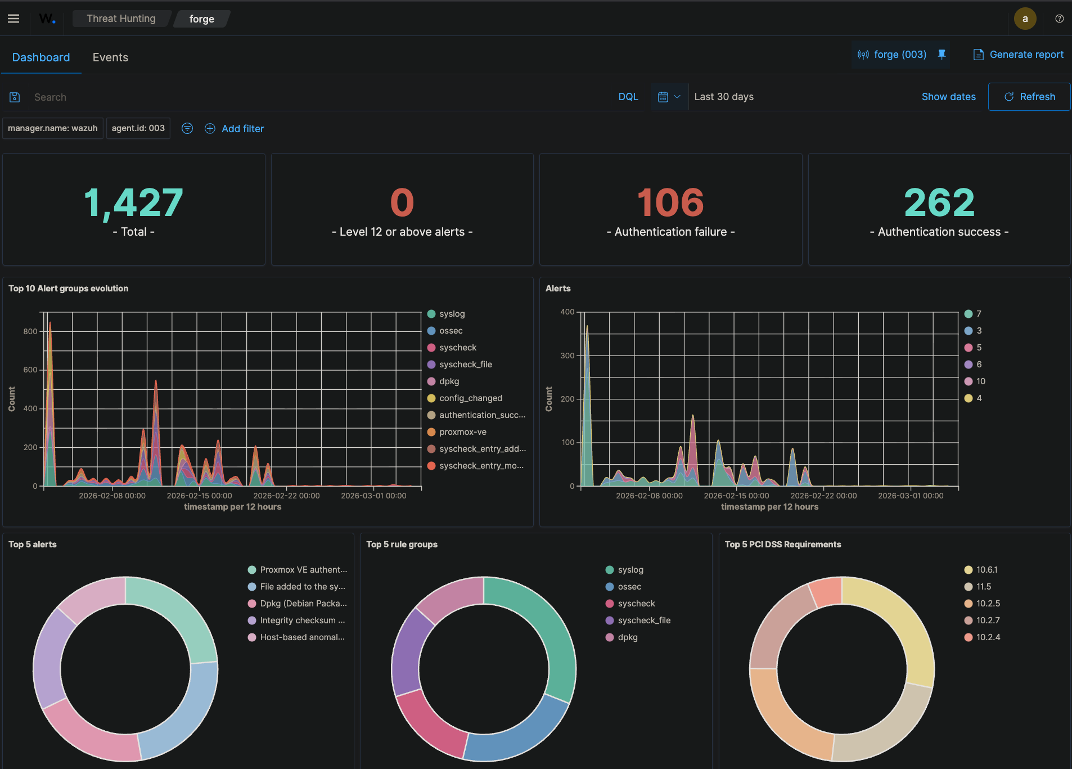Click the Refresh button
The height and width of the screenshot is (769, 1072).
point(1029,97)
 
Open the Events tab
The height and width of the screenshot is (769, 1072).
point(110,57)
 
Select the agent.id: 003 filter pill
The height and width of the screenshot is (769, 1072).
point(138,128)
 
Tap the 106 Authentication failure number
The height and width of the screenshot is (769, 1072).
point(670,203)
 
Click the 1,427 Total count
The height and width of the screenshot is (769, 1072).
point(134,203)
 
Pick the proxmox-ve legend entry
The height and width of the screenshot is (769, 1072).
point(462,432)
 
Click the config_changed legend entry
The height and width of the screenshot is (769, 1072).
point(470,398)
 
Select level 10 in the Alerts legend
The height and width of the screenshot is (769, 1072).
point(980,381)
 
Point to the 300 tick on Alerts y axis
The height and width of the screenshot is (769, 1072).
point(567,356)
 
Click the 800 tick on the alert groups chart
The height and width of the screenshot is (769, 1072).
point(30,331)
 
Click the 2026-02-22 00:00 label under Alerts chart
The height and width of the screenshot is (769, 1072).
point(823,496)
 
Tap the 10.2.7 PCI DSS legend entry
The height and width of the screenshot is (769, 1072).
point(988,620)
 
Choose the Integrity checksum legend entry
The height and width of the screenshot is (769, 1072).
point(302,620)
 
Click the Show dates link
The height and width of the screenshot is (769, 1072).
point(948,97)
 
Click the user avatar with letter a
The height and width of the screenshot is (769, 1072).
point(1025,19)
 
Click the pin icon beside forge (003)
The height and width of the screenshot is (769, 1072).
point(942,55)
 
